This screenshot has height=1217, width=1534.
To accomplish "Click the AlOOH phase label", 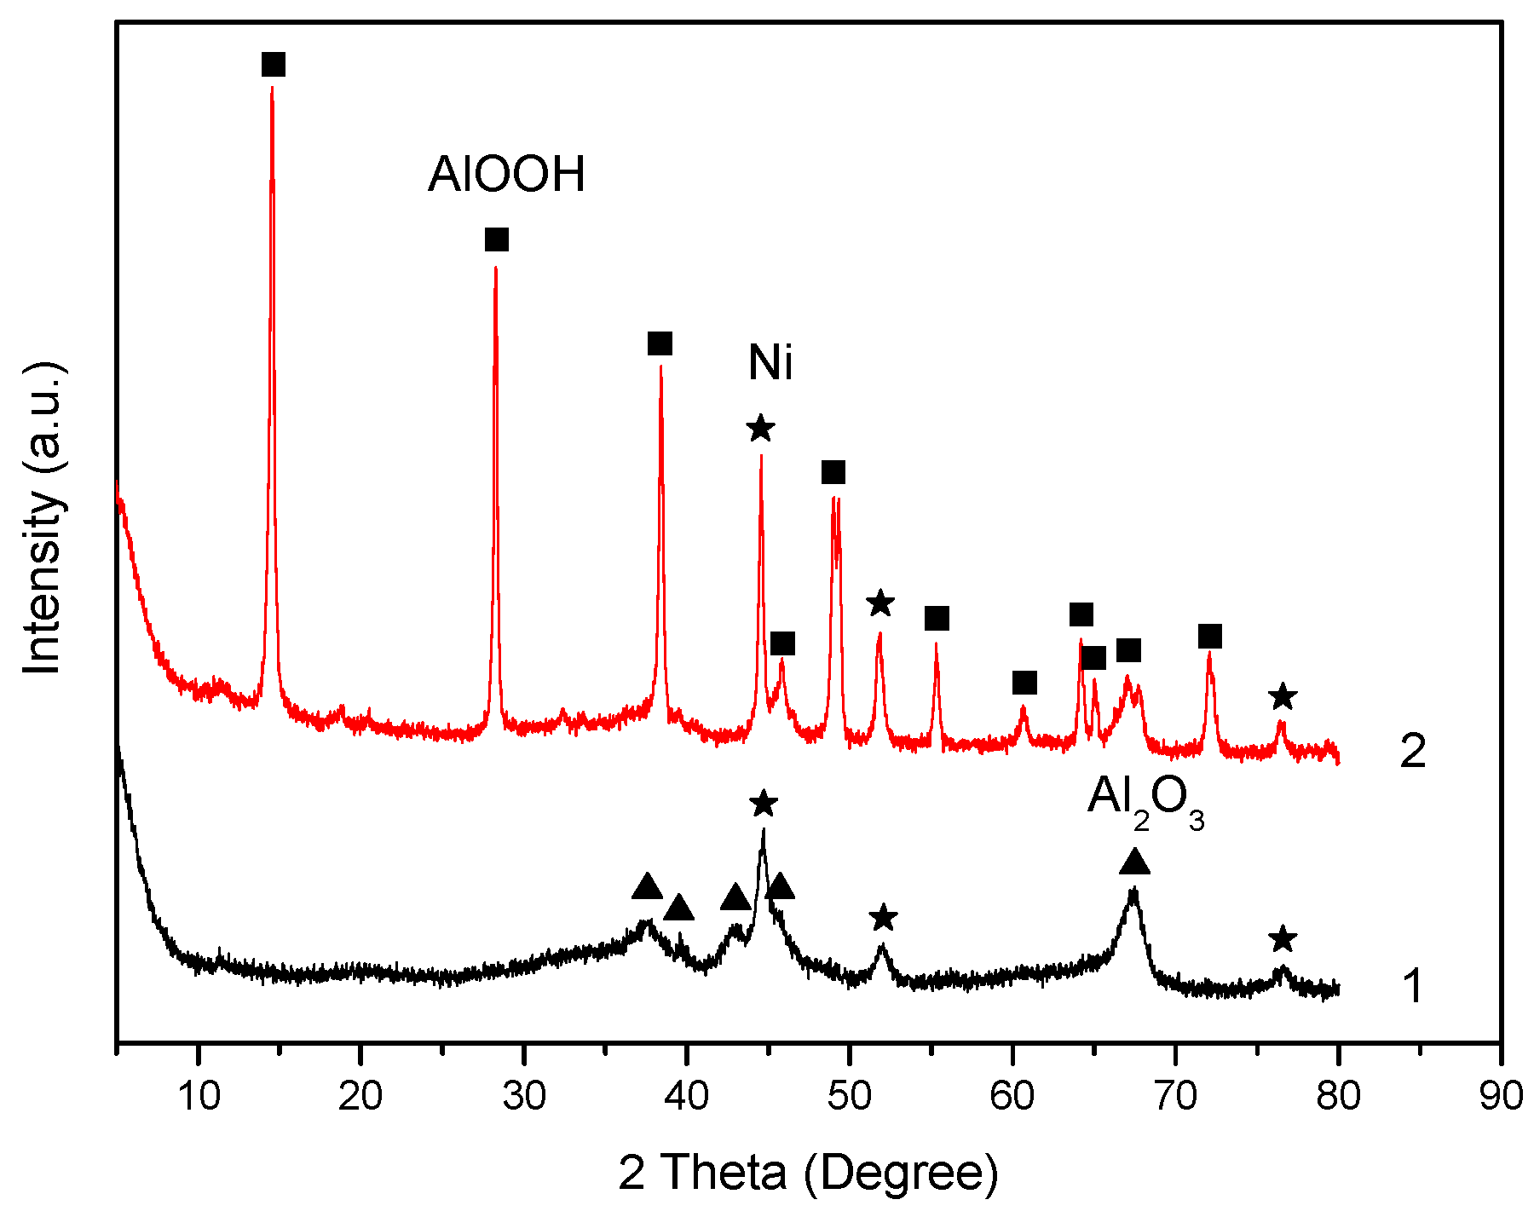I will (507, 175).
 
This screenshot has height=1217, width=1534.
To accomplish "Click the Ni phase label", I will (770, 363).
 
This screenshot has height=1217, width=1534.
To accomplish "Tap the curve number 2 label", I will (1413, 752).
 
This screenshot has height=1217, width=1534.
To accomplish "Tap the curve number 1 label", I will (1413, 986).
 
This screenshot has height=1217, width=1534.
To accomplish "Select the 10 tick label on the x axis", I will (199, 1095).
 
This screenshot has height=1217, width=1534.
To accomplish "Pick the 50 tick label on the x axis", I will (850, 1095).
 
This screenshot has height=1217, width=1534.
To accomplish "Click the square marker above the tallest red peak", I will (274, 65).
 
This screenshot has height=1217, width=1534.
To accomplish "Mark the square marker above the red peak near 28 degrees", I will (497, 239).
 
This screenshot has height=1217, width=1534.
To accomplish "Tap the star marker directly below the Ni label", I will (761, 428).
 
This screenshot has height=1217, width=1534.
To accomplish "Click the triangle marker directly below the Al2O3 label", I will (1134, 862).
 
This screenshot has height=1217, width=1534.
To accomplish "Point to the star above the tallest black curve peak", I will (764, 803).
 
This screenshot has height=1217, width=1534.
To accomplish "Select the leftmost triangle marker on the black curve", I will (647, 887).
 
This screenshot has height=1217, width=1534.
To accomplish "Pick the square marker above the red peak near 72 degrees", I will (1210, 637).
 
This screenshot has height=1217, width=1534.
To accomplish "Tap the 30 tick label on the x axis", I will (524, 1095).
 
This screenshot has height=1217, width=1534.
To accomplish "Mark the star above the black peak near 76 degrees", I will (1283, 939).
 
